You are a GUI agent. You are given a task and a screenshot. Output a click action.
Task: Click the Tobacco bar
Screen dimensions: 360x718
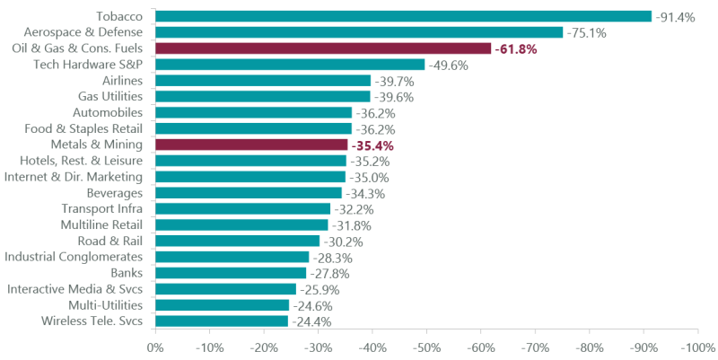(x=403, y=16)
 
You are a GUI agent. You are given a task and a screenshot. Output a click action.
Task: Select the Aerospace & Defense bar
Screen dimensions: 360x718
(x=359, y=32)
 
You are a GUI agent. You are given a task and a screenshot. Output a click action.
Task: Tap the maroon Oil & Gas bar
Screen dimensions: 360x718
(x=323, y=48)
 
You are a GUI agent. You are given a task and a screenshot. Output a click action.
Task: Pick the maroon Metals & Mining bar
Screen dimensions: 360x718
(x=251, y=145)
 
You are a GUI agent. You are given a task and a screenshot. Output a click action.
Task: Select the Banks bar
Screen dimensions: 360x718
(x=231, y=273)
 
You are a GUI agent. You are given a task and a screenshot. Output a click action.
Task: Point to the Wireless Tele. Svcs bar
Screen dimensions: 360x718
(x=222, y=320)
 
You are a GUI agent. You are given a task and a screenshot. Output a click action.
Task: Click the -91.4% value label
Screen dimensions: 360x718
(x=676, y=16)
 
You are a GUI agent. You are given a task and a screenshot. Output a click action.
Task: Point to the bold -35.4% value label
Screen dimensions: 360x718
(x=372, y=145)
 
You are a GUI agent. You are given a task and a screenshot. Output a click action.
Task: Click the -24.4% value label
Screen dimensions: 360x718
(x=311, y=320)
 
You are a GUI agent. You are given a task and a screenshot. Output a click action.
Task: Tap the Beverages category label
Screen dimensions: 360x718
(x=114, y=193)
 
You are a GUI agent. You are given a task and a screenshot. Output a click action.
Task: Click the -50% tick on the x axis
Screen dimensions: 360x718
(x=426, y=347)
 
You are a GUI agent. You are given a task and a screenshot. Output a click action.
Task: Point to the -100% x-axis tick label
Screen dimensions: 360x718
(x=696, y=347)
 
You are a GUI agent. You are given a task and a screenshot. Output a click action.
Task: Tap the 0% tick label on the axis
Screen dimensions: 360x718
(x=155, y=347)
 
